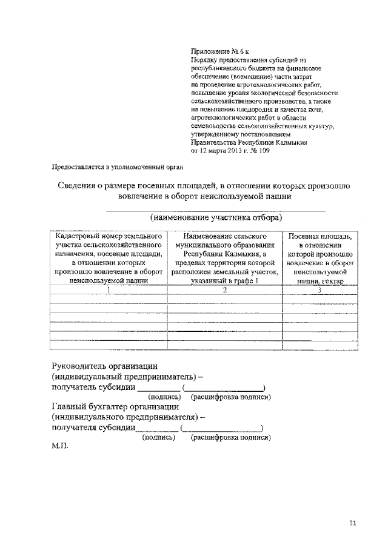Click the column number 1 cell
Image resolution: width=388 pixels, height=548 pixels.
click(x=109, y=290)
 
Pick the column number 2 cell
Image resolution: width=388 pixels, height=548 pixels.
click(x=225, y=290)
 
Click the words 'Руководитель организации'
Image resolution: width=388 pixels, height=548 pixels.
click(x=105, y=366)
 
